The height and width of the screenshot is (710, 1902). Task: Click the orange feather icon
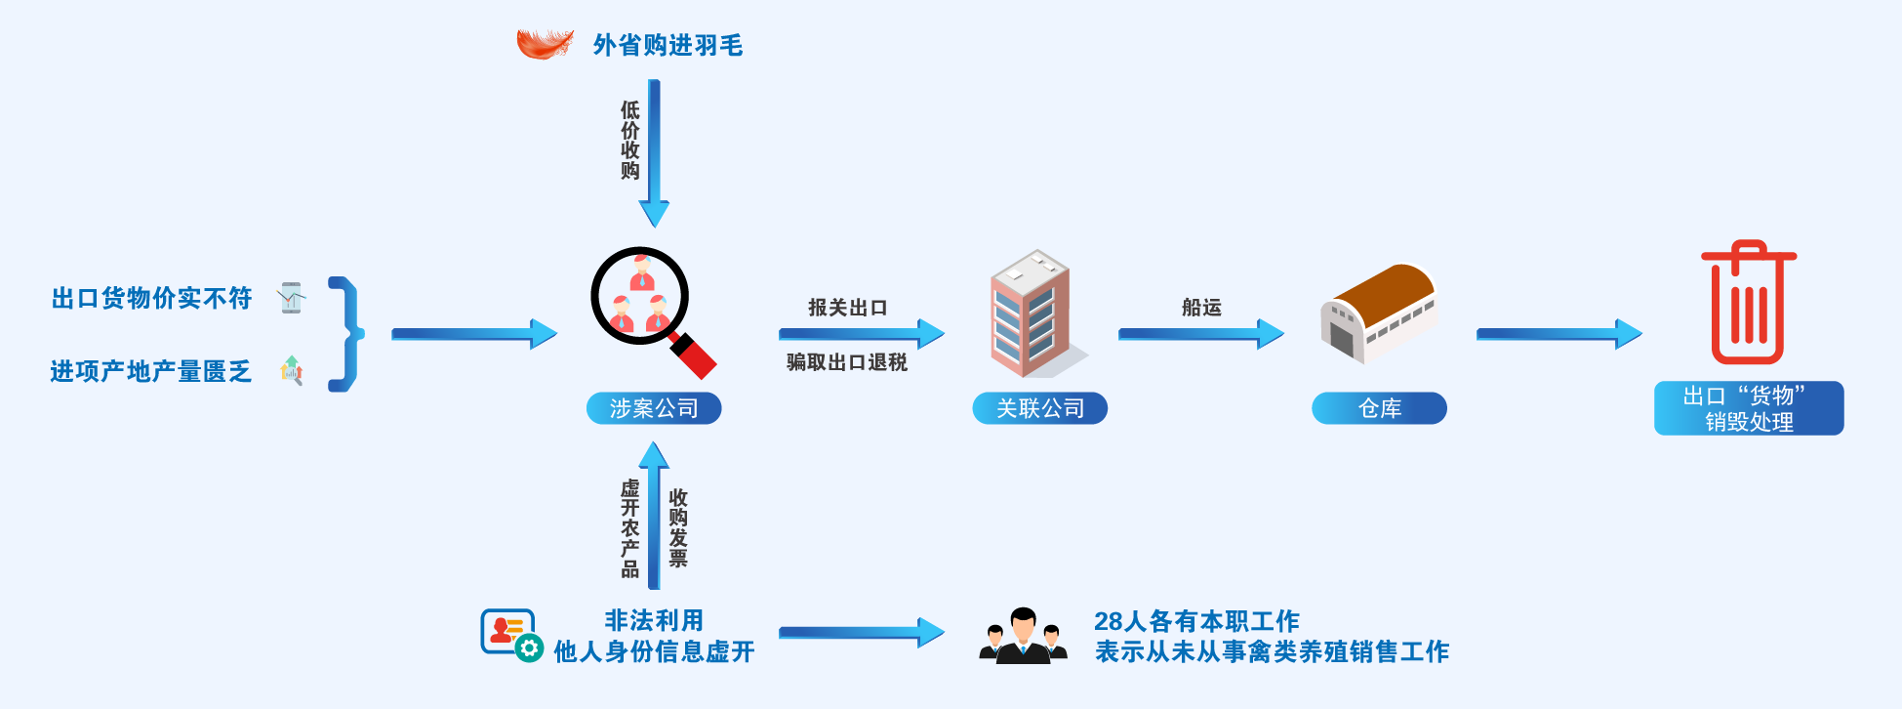(545, 44)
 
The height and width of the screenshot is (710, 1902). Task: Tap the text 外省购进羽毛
(668, 45)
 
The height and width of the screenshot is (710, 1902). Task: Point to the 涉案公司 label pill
(654, 408)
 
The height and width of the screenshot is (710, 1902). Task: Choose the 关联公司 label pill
(1039, 408)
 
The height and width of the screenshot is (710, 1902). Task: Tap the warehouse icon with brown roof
(1377, 313)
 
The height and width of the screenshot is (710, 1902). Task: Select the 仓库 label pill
(1379, 408)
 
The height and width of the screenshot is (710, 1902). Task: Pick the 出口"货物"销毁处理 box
(1748, 408)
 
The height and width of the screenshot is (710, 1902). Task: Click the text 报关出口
(847, 308)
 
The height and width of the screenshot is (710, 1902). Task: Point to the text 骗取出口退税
(847, 362)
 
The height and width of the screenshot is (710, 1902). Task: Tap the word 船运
(1201, 308)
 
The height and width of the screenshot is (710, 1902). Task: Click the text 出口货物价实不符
(151, 298)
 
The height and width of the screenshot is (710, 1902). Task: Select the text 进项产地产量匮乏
(151, 371)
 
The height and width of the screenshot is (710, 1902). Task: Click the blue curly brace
(346, 334)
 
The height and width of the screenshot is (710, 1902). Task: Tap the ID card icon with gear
(511, 635)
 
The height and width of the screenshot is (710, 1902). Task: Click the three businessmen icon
(1023, 637)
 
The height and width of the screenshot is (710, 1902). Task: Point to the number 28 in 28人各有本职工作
(1108, 621)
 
